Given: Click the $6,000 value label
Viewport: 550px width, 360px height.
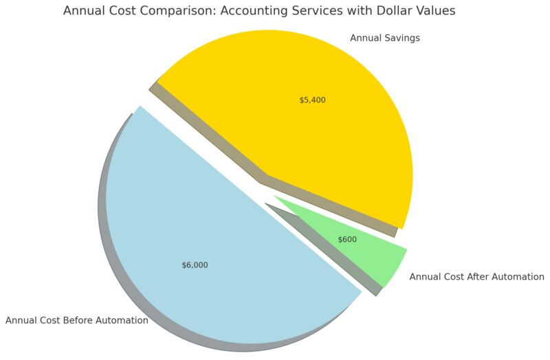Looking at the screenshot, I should click(195, 265).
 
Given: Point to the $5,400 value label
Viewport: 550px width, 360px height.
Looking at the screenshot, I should click(312, 100).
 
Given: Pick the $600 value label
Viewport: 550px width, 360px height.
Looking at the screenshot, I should click(347, 240).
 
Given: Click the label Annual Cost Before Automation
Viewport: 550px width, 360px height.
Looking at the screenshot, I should click(76, 320).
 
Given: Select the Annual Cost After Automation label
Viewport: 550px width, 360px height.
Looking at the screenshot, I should click(476, 277).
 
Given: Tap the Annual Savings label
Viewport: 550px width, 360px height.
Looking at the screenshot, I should click(385, 38).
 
